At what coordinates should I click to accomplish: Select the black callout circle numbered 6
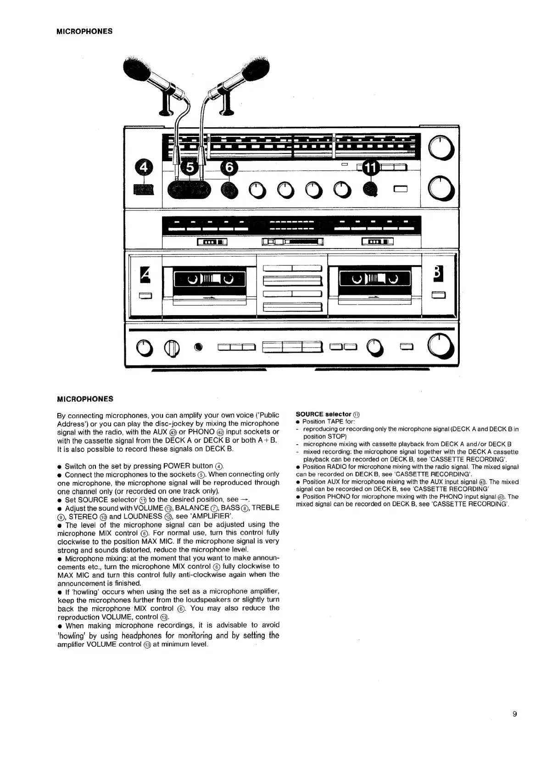tap(229, 168)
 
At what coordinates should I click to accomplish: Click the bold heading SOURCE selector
tap(323, 414)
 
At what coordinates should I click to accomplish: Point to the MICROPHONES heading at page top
tap(84, 32)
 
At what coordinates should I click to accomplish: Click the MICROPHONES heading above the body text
tap(84, 399)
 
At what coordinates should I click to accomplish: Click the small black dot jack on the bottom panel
tap(198, 347)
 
